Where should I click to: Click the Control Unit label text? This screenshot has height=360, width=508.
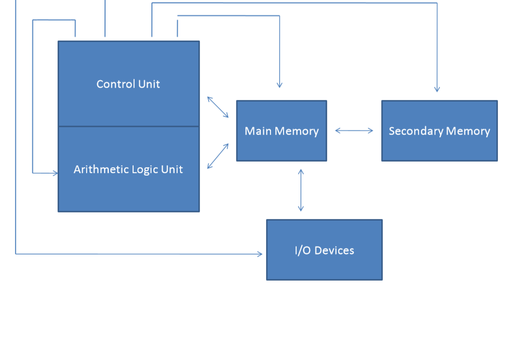coord(128,84)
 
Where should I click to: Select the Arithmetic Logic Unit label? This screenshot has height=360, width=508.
coord(128,169)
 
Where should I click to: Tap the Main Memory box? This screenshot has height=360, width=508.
coord(282,145)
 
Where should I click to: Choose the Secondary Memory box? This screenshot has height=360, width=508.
coord(439,145)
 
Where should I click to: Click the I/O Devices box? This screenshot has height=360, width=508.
coord(324,264)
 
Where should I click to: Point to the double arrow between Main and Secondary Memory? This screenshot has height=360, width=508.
coord(354,131)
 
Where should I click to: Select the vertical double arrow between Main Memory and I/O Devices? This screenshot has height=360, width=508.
coord(301,190)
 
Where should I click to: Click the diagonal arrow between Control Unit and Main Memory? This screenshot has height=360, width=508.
coord(218,107)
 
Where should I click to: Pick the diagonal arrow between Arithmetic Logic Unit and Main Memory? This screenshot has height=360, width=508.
coord(218,156)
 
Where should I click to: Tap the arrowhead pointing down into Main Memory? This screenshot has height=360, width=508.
coord(279,85)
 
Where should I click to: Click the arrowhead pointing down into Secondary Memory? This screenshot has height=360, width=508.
coord(437,90)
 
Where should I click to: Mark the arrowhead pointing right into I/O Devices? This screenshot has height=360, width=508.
coord(260,254)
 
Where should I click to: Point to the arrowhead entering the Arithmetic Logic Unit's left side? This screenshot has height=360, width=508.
coord(55,173)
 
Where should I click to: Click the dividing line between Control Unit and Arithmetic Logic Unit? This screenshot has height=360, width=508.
coord(128,126)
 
